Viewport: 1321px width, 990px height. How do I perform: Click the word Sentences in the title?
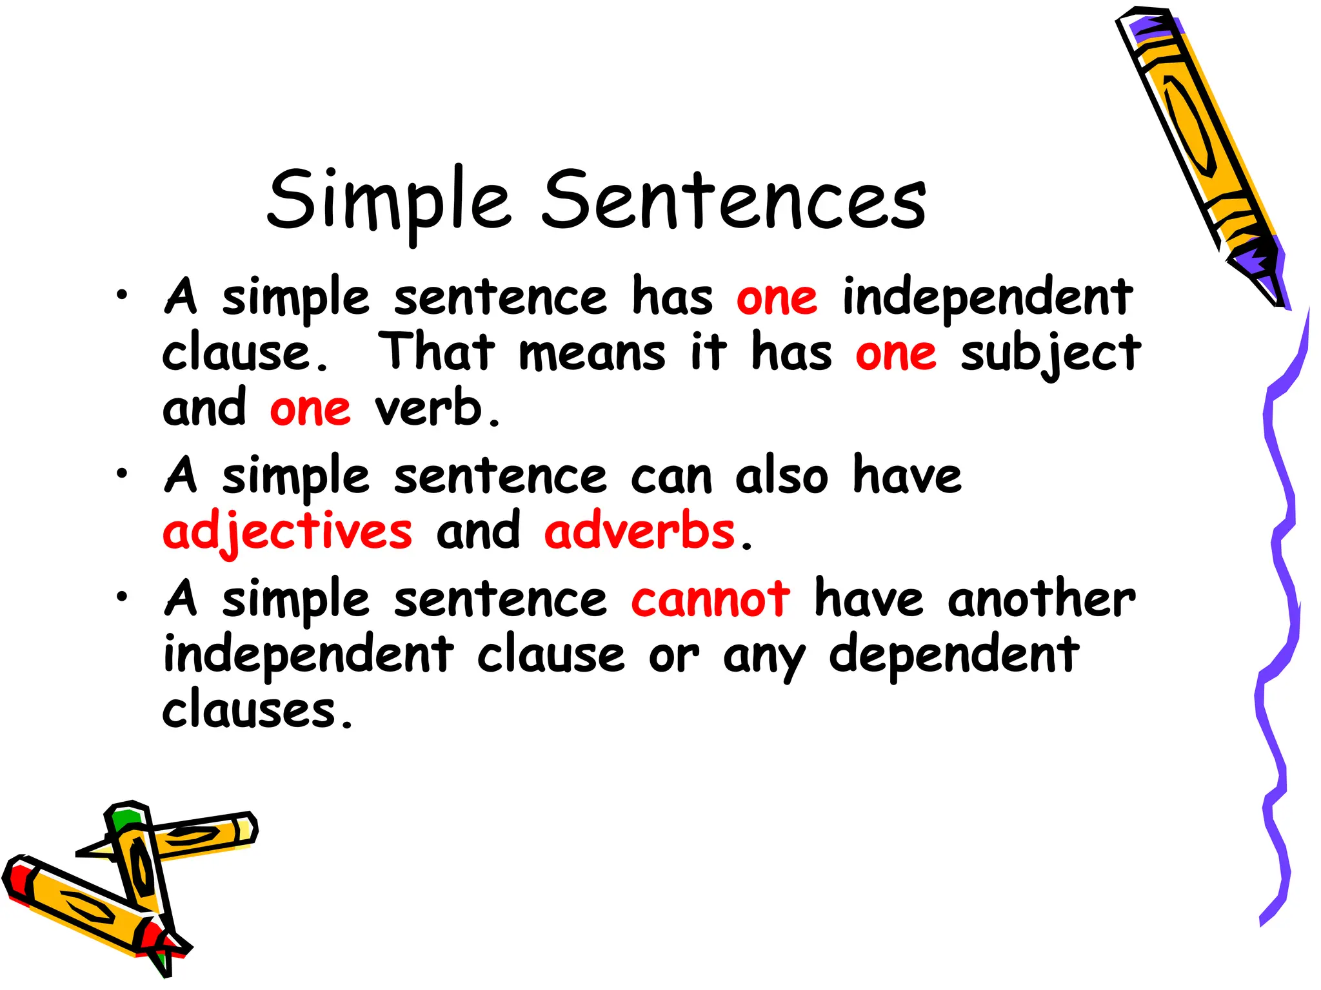click(733, 200)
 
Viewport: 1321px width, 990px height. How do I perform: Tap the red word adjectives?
click(287, 532)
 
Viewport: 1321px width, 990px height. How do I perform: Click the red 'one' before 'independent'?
click(777, 298)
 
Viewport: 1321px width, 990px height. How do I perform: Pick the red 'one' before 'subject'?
click(895, 353)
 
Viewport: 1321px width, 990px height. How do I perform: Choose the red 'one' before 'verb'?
click(310, 409)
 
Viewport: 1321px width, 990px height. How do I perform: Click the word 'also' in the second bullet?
click(782, 476)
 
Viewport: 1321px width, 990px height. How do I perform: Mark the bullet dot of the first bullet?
click(122, 295)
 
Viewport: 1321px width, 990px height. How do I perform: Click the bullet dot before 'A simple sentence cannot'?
click(122, 596)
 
